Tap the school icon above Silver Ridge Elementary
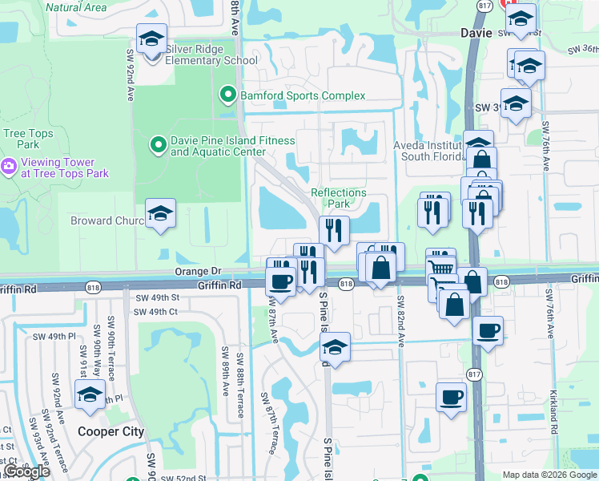[151, 38]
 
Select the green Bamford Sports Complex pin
[228, 96]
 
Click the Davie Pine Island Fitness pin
[159, 145]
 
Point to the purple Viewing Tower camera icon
[9, 167]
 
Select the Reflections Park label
[338, 198]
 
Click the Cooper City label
[111, 431]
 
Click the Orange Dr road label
[198, 273]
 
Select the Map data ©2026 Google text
[549, 475]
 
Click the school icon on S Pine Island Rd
[336, 347]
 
